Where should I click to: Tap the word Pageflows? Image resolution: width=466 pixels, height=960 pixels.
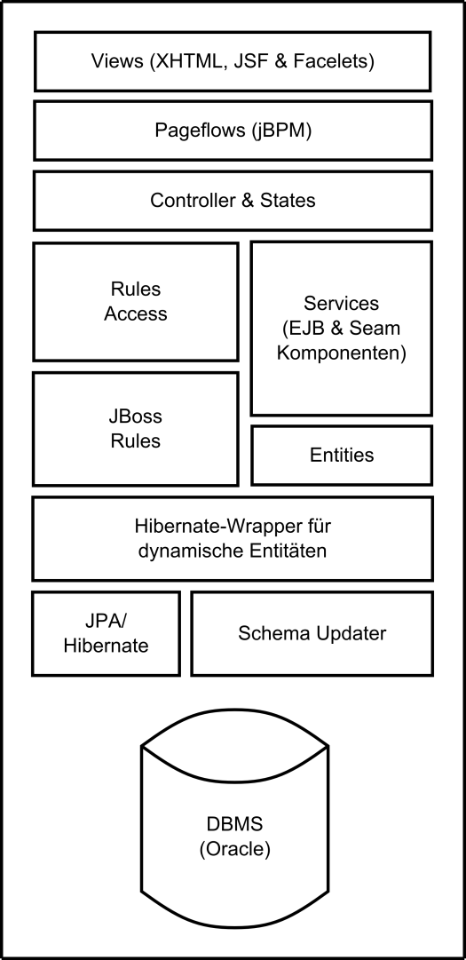click(x=198, y=131)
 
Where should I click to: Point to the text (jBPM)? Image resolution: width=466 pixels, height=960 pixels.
click(x=280, y=131)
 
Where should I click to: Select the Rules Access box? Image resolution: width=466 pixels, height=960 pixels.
click(x=135, y=302)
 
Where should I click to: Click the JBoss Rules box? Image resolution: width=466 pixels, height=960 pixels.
click(x=135, y=429)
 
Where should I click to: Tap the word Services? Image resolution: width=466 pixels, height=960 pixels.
click(x=341, y=303)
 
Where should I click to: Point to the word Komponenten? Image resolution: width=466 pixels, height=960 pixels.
click(x=341, y=353)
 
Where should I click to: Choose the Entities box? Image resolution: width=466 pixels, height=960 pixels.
click(x=342, y=455)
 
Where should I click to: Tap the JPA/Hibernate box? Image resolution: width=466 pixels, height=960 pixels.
click(x=106, y=633)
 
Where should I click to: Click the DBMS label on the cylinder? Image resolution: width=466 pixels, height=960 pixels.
click(x=235, y=823)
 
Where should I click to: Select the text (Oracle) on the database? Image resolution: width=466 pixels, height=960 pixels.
click(x=235, y=849)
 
